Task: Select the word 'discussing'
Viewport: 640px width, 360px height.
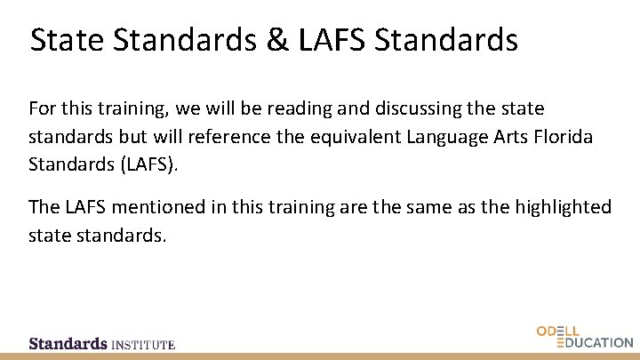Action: (399, 108)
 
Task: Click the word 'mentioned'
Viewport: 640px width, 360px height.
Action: (151, 207)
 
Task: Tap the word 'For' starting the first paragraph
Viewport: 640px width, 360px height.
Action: (41, 108)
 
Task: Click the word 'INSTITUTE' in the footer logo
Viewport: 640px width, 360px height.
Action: (143, 343)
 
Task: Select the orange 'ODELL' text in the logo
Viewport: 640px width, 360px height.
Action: (558, 332)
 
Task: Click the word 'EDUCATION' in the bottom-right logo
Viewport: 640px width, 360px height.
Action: (594, 342)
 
